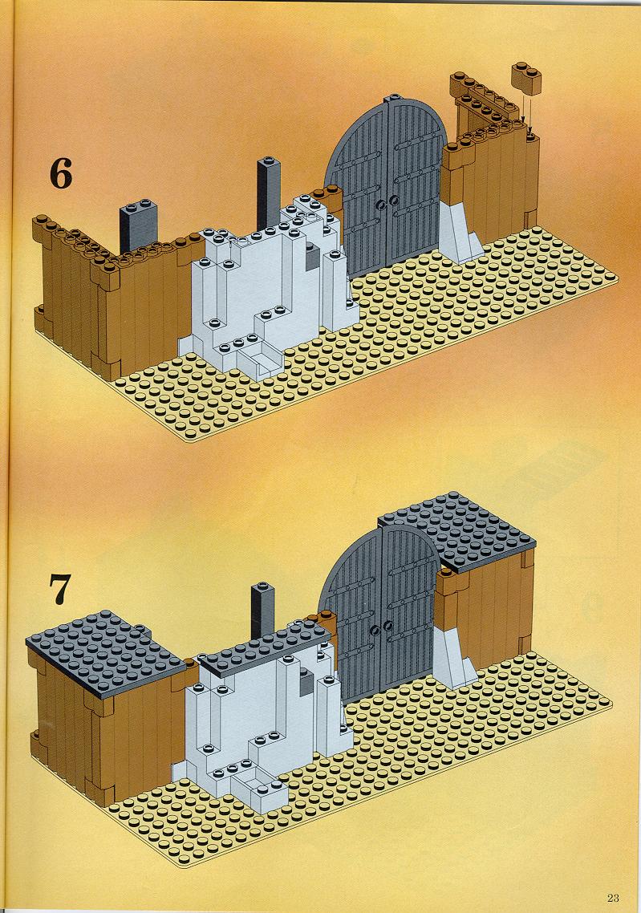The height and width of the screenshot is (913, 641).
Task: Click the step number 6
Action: pos(60,173)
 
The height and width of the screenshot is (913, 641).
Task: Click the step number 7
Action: pos(60,589)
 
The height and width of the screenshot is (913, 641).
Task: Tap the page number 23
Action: pos(612,897)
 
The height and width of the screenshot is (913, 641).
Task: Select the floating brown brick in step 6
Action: pos(526,79)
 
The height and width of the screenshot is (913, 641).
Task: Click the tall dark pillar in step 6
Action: pos(269,193)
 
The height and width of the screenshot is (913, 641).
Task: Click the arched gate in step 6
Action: pos(385,185)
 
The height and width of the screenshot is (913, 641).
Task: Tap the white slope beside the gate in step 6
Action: pos(460,233)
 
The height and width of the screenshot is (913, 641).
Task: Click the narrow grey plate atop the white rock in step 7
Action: pos(265,648)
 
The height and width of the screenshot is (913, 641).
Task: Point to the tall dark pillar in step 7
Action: pos(262,611)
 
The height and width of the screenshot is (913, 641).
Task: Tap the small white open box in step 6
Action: pos(260,361)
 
